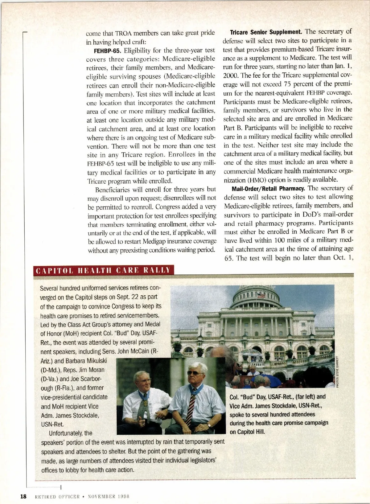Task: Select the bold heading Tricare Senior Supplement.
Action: click(266, 32)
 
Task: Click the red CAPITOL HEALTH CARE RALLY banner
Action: click(103, 270)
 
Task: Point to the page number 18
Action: click(23, 496)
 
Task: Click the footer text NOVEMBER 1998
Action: click(108, 497)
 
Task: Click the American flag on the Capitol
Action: click(261, 296)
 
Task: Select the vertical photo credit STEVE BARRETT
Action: click(338, 371)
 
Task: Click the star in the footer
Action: click(84, 497)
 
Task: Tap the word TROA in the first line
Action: click(124, 33)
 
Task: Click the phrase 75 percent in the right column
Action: click(313, 84)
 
